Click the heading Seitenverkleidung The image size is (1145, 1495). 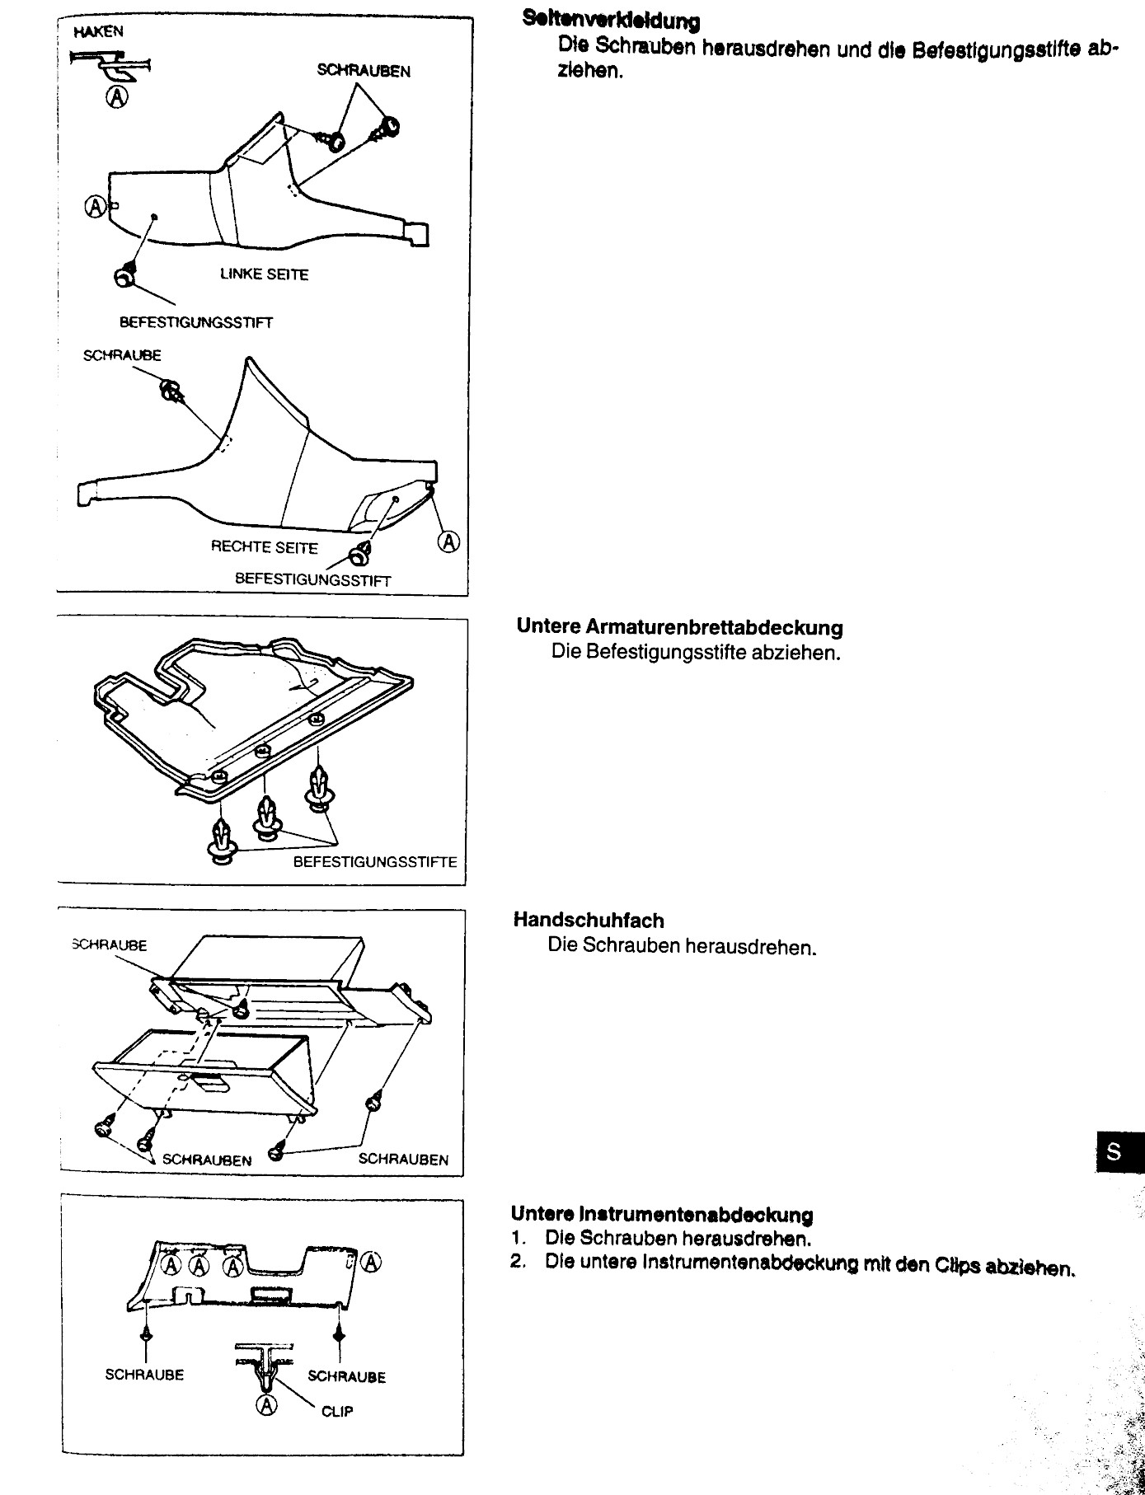tap(611, 21)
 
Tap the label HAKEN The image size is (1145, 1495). tap(98, 32)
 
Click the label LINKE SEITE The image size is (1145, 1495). tap(264, 274)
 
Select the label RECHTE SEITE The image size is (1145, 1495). tap(264, 547)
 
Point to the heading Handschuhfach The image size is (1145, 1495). tap(589, 920)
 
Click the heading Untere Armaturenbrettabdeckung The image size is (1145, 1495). tap(679, 627)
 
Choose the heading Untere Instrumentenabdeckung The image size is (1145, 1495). tap(662, 1214)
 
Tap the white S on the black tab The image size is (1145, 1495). tap(1114, 1151)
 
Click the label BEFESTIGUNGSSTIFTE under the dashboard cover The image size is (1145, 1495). tap(375, 862)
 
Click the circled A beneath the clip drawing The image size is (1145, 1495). tap(267, 1406)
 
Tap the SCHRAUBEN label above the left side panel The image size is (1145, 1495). tap(364, 71)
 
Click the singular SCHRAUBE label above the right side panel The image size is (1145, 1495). tap(122, 355)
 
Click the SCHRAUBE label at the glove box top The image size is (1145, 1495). tap(110, 945)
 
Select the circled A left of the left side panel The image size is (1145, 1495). tap(96, 205)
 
